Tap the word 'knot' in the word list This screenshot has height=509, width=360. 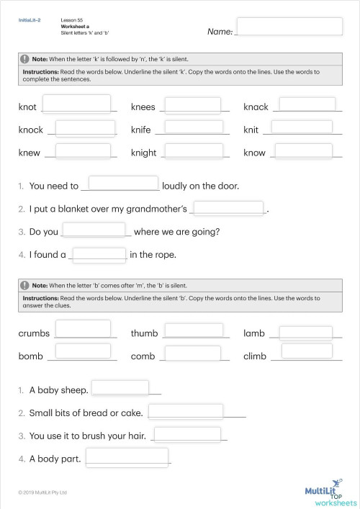coord(27,107)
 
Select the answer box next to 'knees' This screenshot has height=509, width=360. coord(193,104)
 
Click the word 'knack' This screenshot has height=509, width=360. coord(256,107)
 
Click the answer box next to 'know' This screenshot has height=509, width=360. coord(303,151)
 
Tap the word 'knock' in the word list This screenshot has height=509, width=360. coord(31,130)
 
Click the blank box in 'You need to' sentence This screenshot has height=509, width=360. coord(123,184)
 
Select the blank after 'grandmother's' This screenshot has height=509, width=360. coord(230,207)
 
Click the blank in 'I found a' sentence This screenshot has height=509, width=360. coord(100,253)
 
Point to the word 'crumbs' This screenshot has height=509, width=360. coord(33,333)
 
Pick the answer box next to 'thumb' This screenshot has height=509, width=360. coord(193,330)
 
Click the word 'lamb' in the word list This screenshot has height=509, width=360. coord(254,333)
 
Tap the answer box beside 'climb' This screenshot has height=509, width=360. coord(307,351)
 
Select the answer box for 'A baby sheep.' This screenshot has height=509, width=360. coord(120,387)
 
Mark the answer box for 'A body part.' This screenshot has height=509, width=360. coord(127,456)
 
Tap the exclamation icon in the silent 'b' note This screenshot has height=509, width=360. coord(25,284)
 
